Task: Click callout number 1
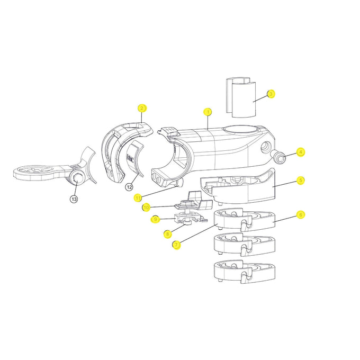click(x=208, y=112)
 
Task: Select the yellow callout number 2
click(x=141, y=108)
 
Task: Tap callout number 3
click(x=271, y=94)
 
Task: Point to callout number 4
click(x=301, y=152)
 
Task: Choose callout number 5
click(x=300, y=180)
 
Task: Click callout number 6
click(x=300, y=214)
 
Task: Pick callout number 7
click(x=176, y=245)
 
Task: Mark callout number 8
click(x=167, y=233)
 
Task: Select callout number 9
click(x=155, y=219)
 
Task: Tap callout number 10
click(x=146, y=207)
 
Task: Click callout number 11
click(x=138, y=197)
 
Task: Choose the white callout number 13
click(x=74, y=199)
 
